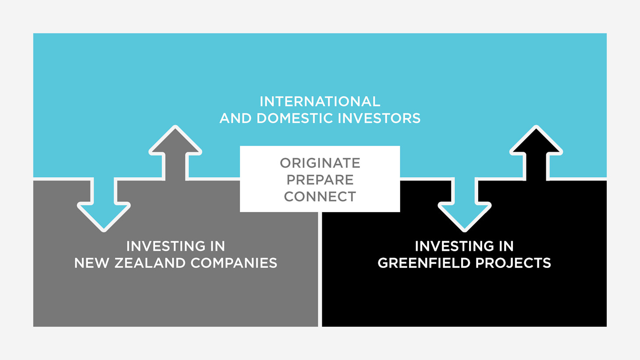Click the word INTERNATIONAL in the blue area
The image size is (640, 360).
tap(320, 102)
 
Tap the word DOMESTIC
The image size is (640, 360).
tap(295, 118)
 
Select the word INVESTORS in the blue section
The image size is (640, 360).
tap(379, 118)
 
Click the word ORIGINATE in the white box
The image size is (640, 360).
tap(320, 163)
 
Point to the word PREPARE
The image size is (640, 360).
tap(320, 180)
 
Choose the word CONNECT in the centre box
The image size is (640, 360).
tap(320, 196)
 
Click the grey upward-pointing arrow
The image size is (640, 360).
tap(175, 153)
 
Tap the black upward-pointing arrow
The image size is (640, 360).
tap(536, 153)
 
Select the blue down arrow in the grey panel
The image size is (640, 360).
tap(104, 204)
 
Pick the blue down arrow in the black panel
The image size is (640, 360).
tap(465, 204)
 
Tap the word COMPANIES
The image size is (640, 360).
tap(234, 263)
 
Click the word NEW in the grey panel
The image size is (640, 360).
tap(92, 263)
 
